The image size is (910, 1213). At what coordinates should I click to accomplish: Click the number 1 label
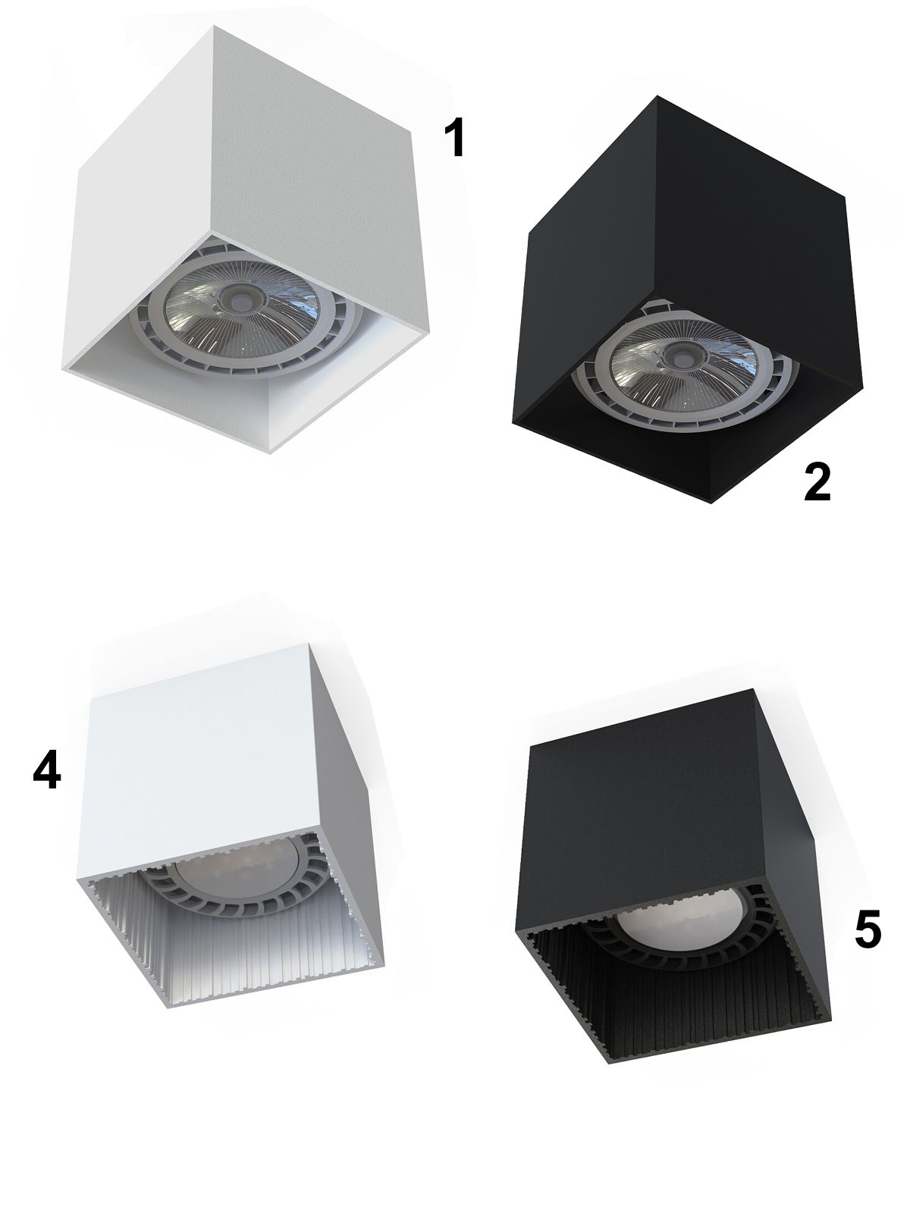455,138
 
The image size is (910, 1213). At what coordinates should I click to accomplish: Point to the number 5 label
868,930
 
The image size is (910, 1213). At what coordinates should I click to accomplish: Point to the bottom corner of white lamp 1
270,453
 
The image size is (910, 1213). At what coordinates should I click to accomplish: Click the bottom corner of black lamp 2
711,503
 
